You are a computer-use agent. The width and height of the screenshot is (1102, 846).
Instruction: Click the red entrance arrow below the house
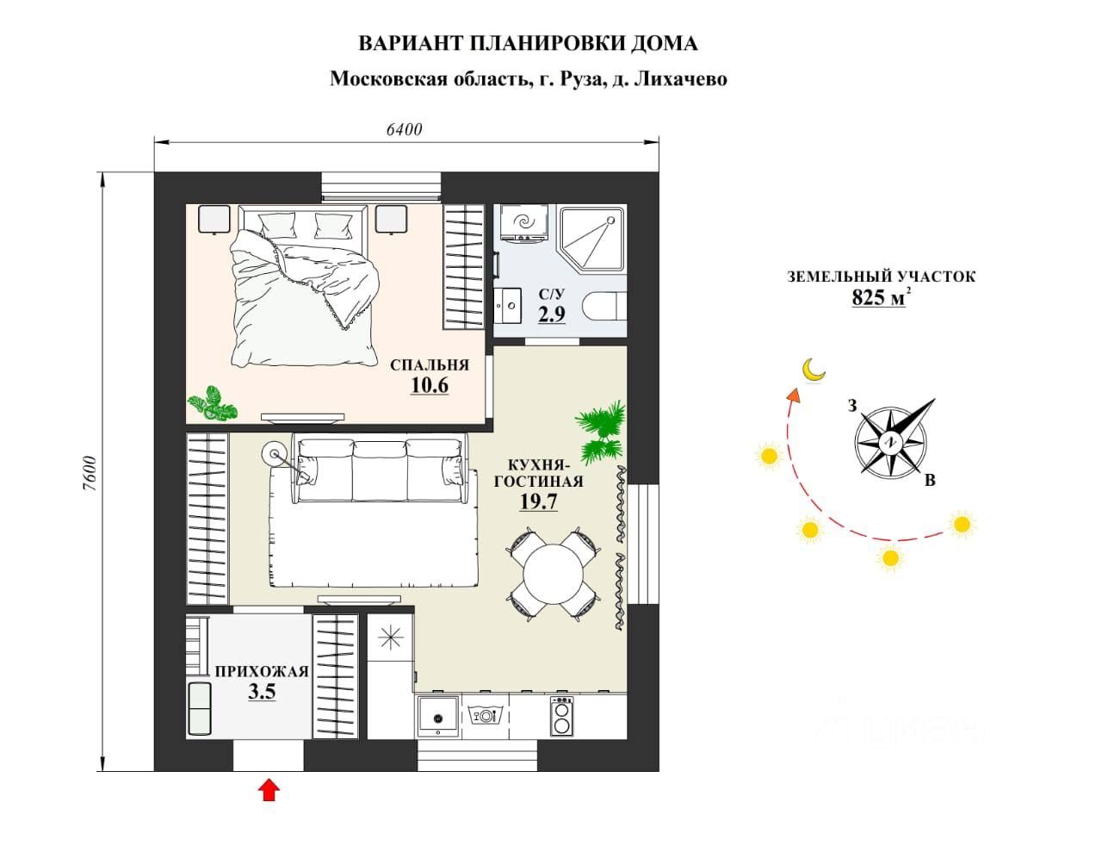coord(269,789)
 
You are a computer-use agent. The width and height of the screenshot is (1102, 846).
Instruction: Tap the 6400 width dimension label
coord(404,129)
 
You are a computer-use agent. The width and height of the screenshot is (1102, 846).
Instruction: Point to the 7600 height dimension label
coord(89,473)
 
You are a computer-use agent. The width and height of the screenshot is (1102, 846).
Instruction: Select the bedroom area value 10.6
coord(429,385)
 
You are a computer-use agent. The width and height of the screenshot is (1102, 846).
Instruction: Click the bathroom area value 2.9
coord(552,314)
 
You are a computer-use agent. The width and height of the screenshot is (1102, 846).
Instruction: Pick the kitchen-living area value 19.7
coord(538,501)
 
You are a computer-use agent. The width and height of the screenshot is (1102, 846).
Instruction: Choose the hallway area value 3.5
coord(262,691)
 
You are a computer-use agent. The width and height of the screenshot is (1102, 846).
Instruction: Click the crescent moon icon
coord(813,370)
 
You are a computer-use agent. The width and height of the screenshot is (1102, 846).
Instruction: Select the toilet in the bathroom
coord(604,307)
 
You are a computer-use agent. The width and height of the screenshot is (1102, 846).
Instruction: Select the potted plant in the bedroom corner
coord(212,403)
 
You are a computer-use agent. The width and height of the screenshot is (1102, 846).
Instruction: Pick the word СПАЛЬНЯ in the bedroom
coord(430,364)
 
